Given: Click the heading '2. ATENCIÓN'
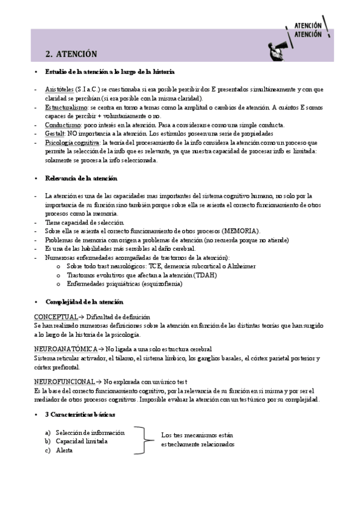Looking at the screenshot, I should pyautogui.click(x=71, y=54).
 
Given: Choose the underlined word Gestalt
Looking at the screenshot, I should pyautogui.click(x=55, y=134).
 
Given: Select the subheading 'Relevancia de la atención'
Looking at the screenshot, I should pyautogui.click(x=81, y=179).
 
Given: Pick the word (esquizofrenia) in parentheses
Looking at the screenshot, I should pyautogui.click(x=157, y=284).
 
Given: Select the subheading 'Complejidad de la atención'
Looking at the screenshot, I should pyautogui.click(x=84, y=302).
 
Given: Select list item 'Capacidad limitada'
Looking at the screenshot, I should pyautogui.click(x=81, y=441).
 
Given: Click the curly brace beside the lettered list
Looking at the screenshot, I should pyautogui.click(x=144, y=441).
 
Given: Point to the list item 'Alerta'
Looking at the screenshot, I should pyautogui.click(x=64, y=450).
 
